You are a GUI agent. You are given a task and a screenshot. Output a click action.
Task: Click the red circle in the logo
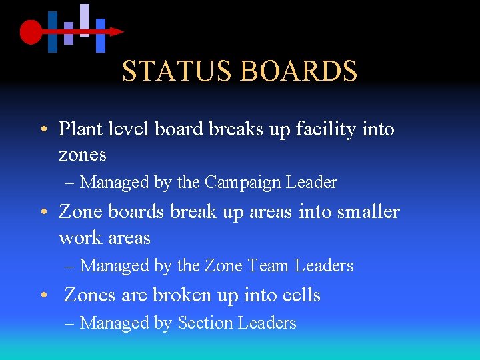pos(31,31)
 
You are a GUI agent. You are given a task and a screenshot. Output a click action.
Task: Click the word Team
pos(269,265)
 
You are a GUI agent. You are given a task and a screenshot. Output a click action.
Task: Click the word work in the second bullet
pos(78,238)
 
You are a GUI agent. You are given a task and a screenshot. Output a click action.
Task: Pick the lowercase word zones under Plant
pos(83,155)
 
